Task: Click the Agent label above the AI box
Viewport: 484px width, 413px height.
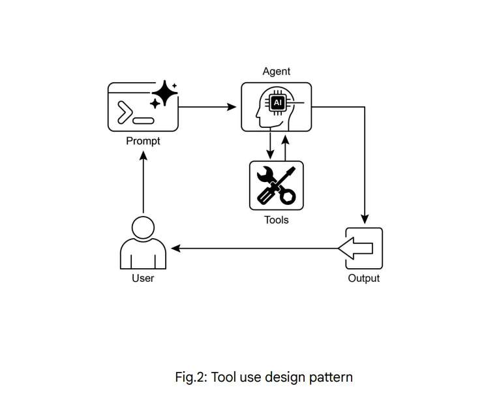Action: pos(277,72)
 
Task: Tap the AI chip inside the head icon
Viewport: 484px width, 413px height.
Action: pos(278,103)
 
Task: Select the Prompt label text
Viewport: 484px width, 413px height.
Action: pos(143,141)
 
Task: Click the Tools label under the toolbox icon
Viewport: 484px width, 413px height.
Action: pos(276,220)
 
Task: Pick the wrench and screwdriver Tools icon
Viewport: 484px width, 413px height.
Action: pos(277,185)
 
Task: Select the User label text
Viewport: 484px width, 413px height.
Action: pos(143,278)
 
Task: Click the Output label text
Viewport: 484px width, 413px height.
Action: pos(363,279)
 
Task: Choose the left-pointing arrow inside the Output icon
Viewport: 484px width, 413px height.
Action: pos(356,249)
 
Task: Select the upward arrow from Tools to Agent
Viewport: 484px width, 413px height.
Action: pos(285,145)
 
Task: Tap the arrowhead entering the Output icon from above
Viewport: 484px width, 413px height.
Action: pos(364,219)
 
